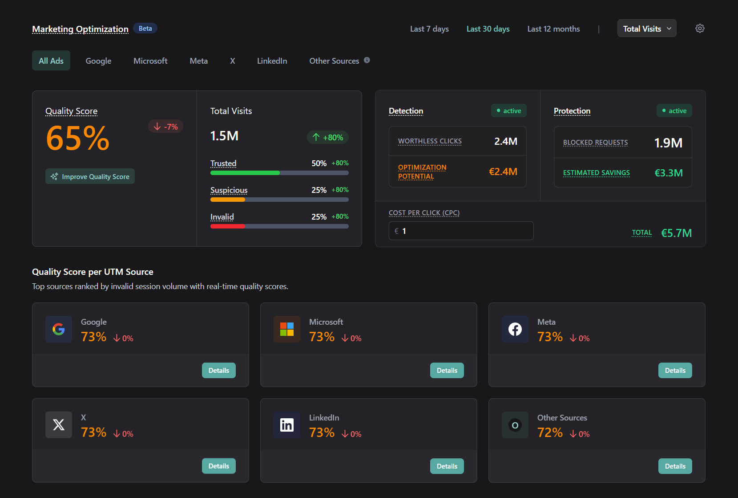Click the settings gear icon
coord(700,29)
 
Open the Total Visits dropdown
coord(646,29)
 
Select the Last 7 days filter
coord(429,29)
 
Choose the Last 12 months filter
coord(553,29)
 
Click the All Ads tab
coord(51,61)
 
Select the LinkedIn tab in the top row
coord(272,61)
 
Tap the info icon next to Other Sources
coord(367,60)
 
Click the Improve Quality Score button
coord(90,176)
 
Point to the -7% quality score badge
coord(165,127)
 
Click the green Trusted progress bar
coord(245,173)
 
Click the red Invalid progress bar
coord(227,226)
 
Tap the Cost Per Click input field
coord(461,231)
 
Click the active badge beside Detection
coord(508,111)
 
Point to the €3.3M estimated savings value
coord(668,173)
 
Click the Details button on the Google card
coord(219,371)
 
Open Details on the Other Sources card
coord(675,466)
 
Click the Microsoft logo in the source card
coord(287,329)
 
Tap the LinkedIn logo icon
coord(287,425)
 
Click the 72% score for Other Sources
coord(550,433)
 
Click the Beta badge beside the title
coord(145,29)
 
